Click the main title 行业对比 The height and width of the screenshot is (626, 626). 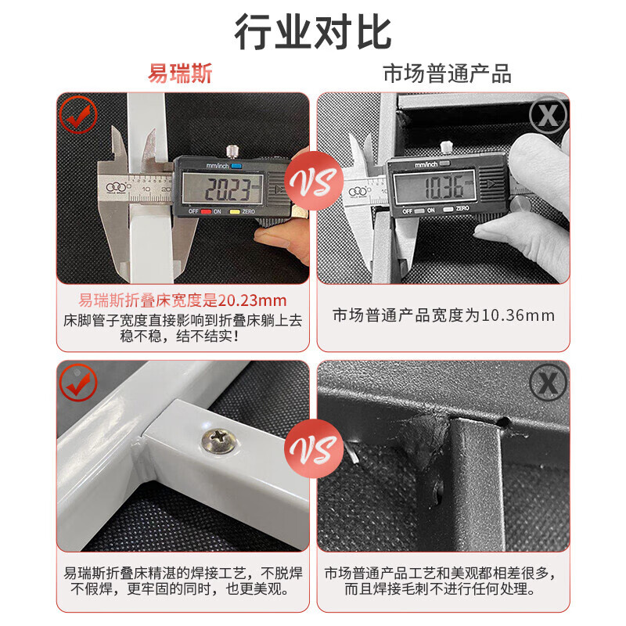312,32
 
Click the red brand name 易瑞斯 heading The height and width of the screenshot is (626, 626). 180,74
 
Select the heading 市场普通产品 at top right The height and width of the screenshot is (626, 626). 447,74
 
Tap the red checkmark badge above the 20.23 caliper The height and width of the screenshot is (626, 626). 78,114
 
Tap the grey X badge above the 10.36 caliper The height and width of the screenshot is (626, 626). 549,115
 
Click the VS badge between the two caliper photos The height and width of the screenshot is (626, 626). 314,181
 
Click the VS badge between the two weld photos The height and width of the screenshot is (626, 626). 314,448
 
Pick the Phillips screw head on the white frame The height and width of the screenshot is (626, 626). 218,441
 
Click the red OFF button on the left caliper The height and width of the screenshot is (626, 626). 206,211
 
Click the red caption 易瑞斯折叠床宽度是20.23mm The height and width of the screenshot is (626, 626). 182,300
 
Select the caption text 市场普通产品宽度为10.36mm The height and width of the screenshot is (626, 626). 444,315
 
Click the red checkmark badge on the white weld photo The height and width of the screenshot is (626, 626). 78,383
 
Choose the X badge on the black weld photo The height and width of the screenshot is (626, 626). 549,383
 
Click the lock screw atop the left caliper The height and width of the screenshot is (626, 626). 232,151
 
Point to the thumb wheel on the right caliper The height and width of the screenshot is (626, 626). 520,204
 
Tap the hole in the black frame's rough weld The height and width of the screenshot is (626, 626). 504,422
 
